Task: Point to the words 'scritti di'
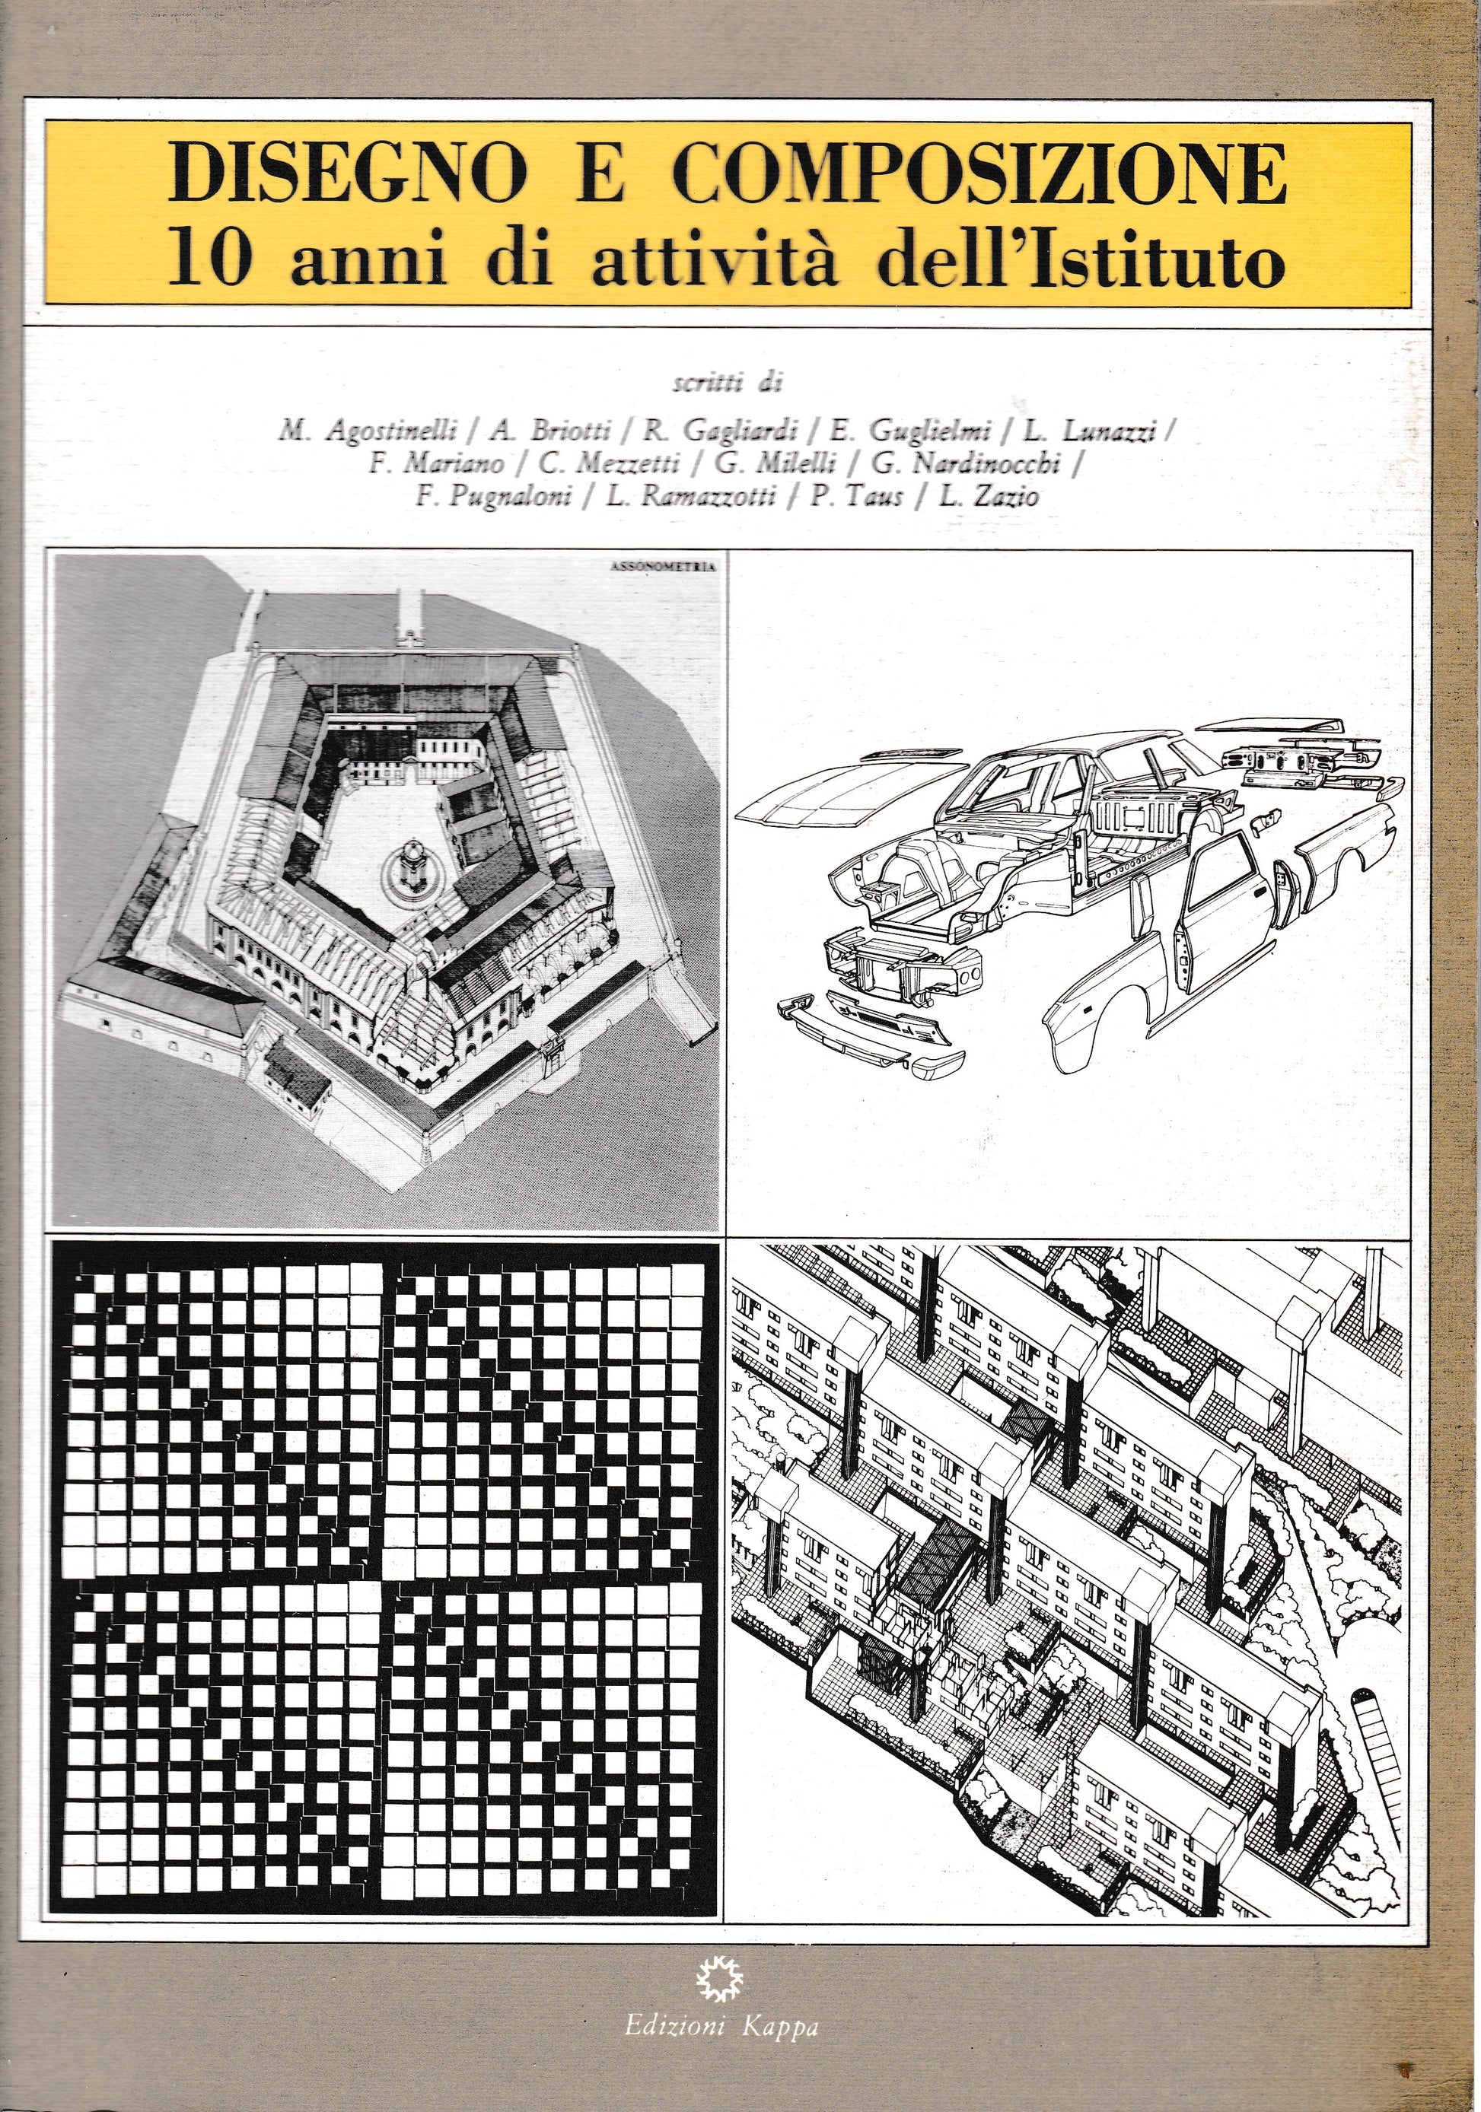727,383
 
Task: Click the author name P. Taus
858,498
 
